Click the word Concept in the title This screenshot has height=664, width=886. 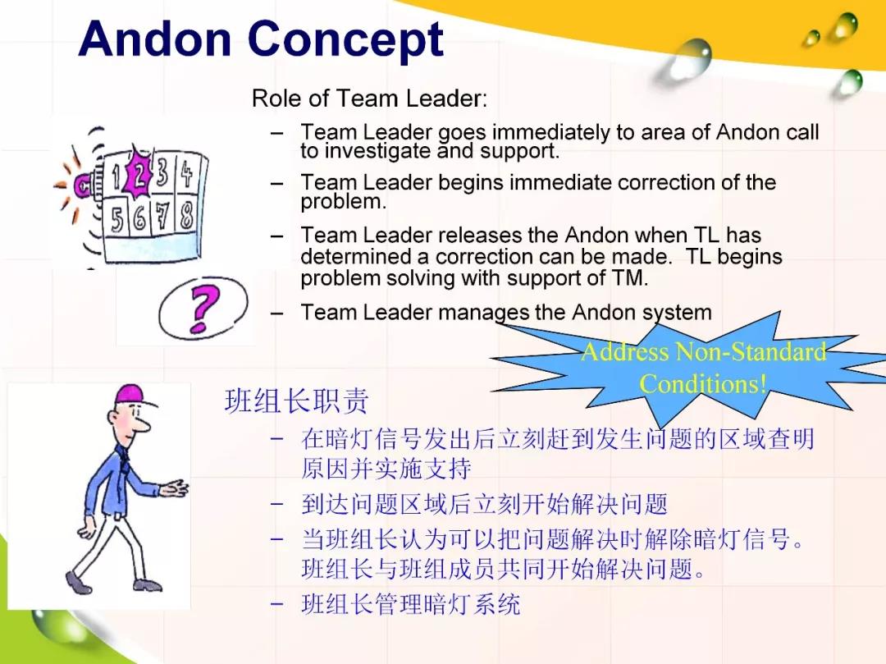coord(345,39)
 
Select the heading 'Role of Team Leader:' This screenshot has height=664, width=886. coord(369,98)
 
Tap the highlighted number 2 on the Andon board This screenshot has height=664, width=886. coord(138,172)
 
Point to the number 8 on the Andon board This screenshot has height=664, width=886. coord(186,215)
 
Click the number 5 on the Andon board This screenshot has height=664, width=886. coord(117,219)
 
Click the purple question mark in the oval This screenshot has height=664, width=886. coord(203,308)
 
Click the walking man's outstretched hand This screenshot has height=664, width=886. coord(176,488)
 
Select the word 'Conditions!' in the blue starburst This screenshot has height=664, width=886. coord(703,383)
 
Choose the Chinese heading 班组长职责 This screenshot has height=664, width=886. coord(297,401)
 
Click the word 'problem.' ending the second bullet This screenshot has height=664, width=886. coord(344,202)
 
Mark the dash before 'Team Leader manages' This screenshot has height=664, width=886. coord(276,313)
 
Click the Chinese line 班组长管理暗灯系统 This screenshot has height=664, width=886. coord(411,604)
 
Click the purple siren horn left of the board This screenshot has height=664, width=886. coord(84,184)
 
